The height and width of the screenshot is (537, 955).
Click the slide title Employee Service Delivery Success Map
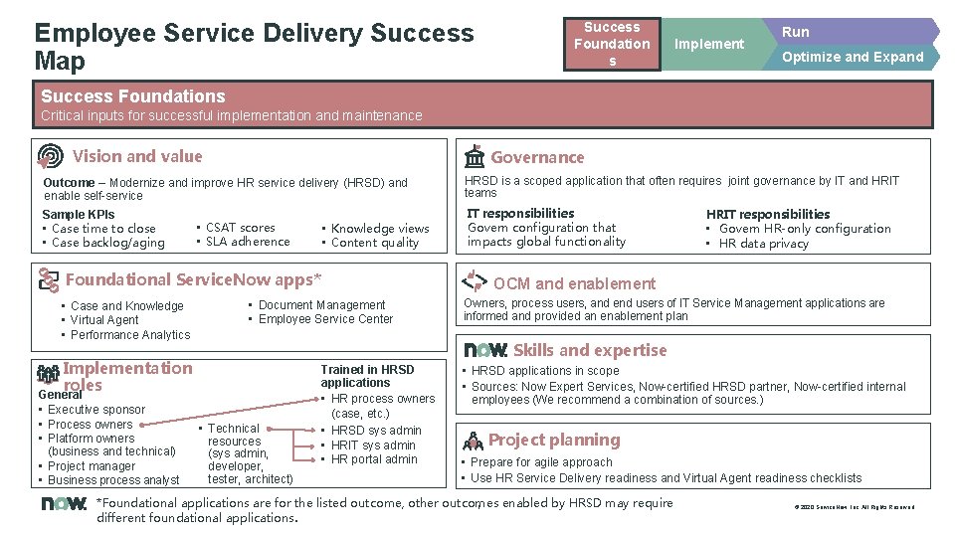click(x=254, y=47)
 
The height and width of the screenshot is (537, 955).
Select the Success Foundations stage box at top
click(x=612, y=45)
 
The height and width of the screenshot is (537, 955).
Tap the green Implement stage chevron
click(x=708, y=44)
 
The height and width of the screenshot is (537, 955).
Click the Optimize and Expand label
click(x=853, y=57)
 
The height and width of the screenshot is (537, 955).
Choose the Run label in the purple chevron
click(x=795, y=32)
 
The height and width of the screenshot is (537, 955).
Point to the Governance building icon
click(x=475, y=157)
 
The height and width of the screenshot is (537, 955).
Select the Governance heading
click(x=537, y=157)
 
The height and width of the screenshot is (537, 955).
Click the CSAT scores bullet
click(x=240, y=228)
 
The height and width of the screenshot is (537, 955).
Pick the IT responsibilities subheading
click(x=520, y=213)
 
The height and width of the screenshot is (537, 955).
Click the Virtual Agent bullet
click(x=104, y=320)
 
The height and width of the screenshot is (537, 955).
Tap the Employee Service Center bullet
click(x=325, y=319)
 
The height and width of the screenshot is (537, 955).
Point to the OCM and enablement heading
click(x=574, y=283)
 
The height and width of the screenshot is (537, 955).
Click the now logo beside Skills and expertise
click(x=486, y=350)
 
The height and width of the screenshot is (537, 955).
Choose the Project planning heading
click(x=553, y=440)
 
